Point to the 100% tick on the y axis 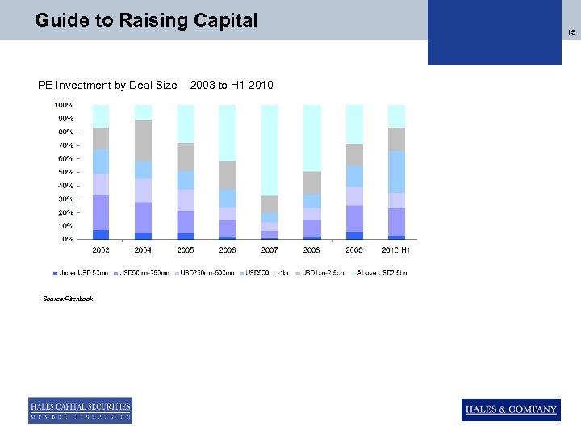pyautogui.click(x=65, y=105)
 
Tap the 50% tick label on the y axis pyautogui.click(x=65, y=172)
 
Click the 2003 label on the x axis pyautogui.click(x=101, y=250)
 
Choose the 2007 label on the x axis pyautogui.click(x=270, y=250)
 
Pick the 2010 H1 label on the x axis pyautogui.click(x=396, y=250)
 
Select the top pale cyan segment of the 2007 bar pyautogui.click(x=270, y=149)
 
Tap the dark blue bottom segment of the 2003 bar pyautogui.click(x=101, y=235)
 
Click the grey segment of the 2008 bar pyautogui.click(x=311, y=182)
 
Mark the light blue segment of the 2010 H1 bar pyautogui.click(x=396, y=171)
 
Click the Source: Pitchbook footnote pyautogui.click(x=68, y=299)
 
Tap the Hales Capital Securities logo pyautogui.click(x=80, y=410)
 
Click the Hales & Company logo pyautogui.click(x=510, y=409)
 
